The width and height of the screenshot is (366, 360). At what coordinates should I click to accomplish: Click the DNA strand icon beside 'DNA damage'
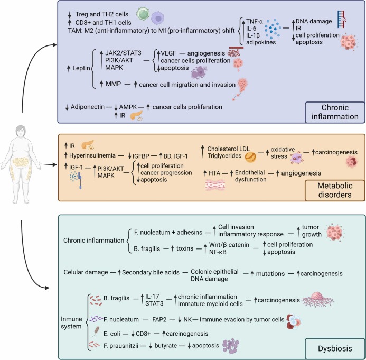pos(341,19)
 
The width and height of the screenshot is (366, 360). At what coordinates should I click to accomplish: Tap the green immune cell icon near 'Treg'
pos(142,13)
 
